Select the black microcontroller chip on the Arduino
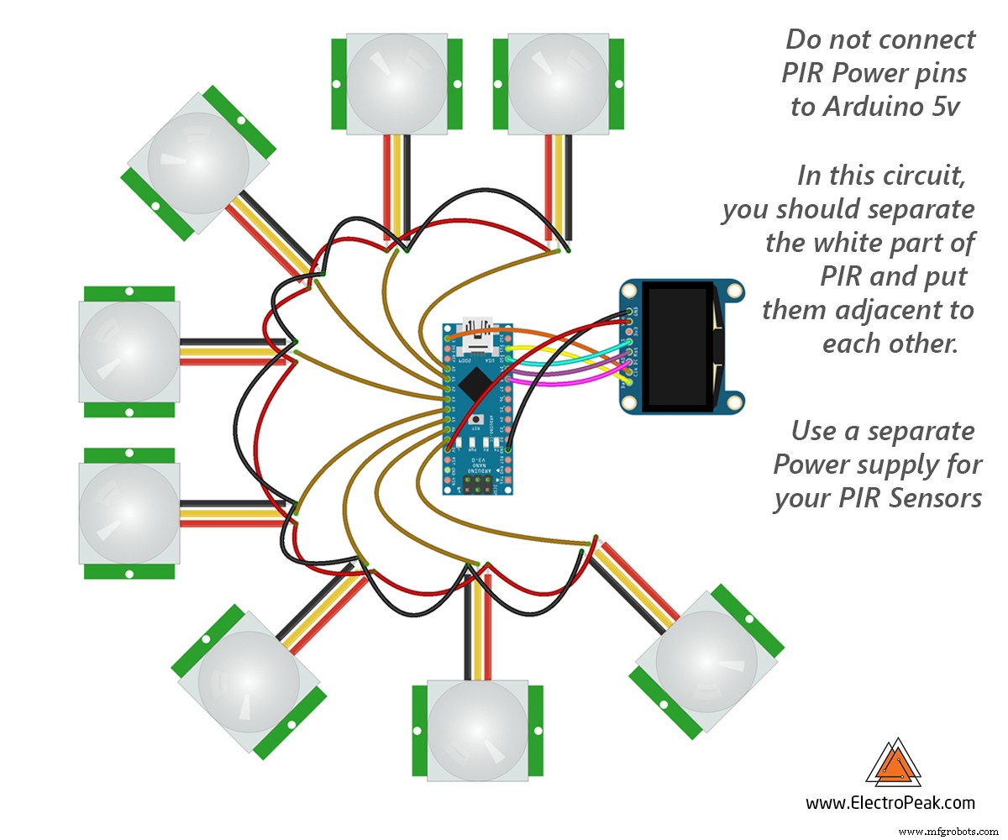(x=476, y=386)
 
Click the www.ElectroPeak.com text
(x=890, y=803)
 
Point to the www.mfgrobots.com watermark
(x=949, y=831)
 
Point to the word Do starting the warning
(x=802, y=39)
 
